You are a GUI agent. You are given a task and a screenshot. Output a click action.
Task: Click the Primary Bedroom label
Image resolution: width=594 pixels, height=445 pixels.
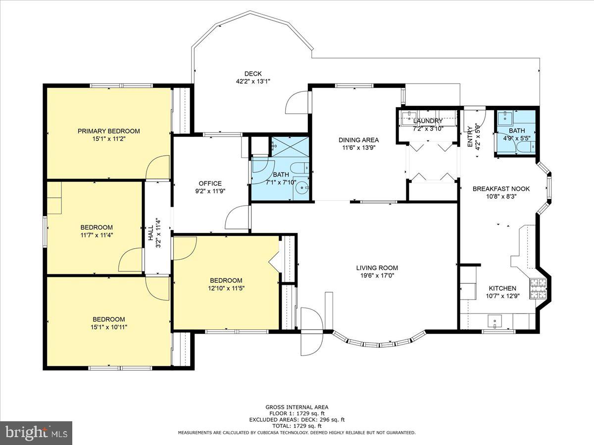(108, 131)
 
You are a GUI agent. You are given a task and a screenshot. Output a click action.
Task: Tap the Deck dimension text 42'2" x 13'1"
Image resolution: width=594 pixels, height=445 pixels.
(253, 82)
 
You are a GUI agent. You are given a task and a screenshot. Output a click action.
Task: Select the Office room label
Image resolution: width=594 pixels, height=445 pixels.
(210, 183)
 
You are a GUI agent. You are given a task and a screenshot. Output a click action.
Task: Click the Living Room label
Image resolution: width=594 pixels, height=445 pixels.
(377, 268)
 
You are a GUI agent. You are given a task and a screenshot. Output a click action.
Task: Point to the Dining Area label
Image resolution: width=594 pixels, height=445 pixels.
(358, 139)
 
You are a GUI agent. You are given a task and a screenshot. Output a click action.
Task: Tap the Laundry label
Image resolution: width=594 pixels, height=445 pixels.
(428, 121)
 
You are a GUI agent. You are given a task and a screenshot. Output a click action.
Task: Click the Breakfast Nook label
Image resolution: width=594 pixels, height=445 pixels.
(501, 189)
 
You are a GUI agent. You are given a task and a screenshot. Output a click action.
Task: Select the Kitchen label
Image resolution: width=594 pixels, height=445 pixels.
(502, 288)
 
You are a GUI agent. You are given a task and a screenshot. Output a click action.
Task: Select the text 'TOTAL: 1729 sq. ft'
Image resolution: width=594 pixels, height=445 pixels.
(297, 426)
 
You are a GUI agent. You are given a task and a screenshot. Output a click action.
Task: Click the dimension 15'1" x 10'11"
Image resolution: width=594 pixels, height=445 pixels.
(108, 327)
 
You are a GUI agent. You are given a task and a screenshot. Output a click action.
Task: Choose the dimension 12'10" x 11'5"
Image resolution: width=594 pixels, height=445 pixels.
(226, 288)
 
